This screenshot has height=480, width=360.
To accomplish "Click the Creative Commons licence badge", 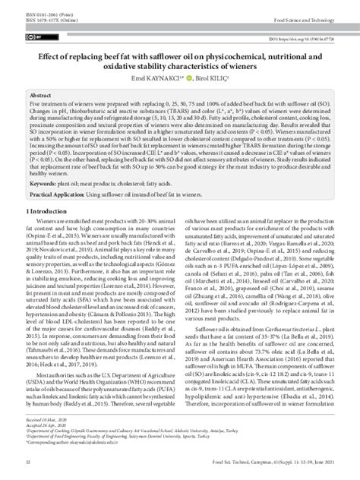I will click(33, 35).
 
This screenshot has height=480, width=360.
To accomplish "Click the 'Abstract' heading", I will click(40, 90).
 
